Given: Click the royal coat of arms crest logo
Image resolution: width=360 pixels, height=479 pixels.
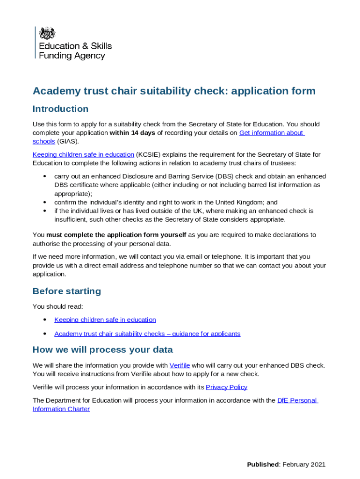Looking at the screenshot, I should coord(47,33).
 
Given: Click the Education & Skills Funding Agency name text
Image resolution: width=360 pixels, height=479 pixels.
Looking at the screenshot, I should coord(75,51).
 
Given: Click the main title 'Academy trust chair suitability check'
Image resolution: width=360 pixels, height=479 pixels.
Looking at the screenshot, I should coord(174,91).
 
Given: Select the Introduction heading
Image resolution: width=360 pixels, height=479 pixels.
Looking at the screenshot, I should coord(60,109).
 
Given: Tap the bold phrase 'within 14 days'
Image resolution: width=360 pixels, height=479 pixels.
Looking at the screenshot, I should coord(132,133).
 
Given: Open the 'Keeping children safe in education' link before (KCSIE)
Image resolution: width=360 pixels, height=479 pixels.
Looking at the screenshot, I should coord(83,154).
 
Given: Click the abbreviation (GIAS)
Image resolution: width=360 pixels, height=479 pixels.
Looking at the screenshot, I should coord(68,141).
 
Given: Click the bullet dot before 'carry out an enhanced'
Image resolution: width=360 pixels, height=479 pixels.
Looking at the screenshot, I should coord(44,177).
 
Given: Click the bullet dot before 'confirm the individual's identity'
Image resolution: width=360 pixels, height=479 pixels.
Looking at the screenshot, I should coord(44,203).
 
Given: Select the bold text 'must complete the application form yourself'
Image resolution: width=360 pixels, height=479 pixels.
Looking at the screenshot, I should coord(116,235).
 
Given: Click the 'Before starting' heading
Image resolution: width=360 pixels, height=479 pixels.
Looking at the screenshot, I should coord(66,291).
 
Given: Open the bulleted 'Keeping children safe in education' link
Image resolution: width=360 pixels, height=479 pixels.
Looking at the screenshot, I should coord(105,320).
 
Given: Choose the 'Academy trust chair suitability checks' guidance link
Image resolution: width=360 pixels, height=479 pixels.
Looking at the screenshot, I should coord(147,334).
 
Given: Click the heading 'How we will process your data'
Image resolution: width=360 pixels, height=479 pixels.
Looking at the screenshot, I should coord(102,350).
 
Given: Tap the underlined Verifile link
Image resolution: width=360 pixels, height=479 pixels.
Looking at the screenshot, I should coord(180,365).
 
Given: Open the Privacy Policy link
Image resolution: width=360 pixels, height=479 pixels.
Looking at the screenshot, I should coord(226,387).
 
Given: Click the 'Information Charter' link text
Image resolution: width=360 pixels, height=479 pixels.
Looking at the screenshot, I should coord(61,409).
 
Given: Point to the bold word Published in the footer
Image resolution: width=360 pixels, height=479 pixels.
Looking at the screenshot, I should coord(263,464).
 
